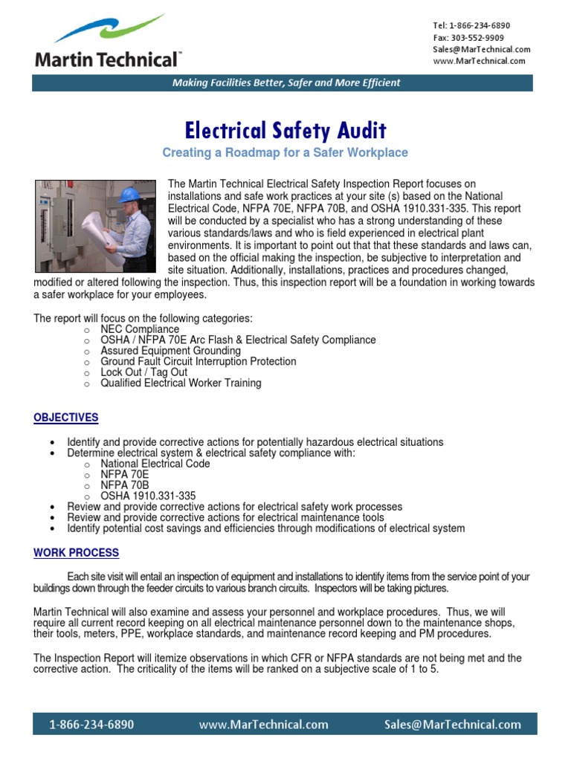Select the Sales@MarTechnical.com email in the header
pyautogui.click(x=481, y=49)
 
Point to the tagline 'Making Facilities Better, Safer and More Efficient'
pyautogui.click(x=286, y=82)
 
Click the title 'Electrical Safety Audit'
pyautogui.click(x=285, y=132)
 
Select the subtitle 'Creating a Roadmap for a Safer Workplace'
pyautogui.click(x=285, y=152)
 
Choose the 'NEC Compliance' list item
pyautogui.click(x=140, y=329)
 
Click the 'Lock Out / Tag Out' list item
pyautogui.click(x=144, y=372)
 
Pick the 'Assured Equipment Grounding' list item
pyautogui.click(x=171, y=351)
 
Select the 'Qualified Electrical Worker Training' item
pyautogui.click(x=181, y=383)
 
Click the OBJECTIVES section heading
pyautogui.click(x=65, y=418)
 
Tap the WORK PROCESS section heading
pyautogui.click(x=76, y=553)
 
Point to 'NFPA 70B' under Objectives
pyautogui.click(x=124, y=485)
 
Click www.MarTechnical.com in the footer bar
pyautogui.click(x=263, y=725)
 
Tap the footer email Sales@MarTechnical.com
pyautogui.click(x=452, y=725)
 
